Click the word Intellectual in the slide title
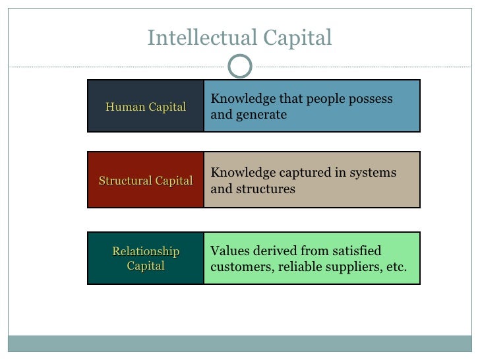coord(202,39)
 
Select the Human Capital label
coord(145,107)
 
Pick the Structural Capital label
coord(145,181)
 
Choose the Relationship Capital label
coord(145,259)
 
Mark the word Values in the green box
coord(228,251)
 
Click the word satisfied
coord(355,251)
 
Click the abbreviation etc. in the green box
coord(397,268)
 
